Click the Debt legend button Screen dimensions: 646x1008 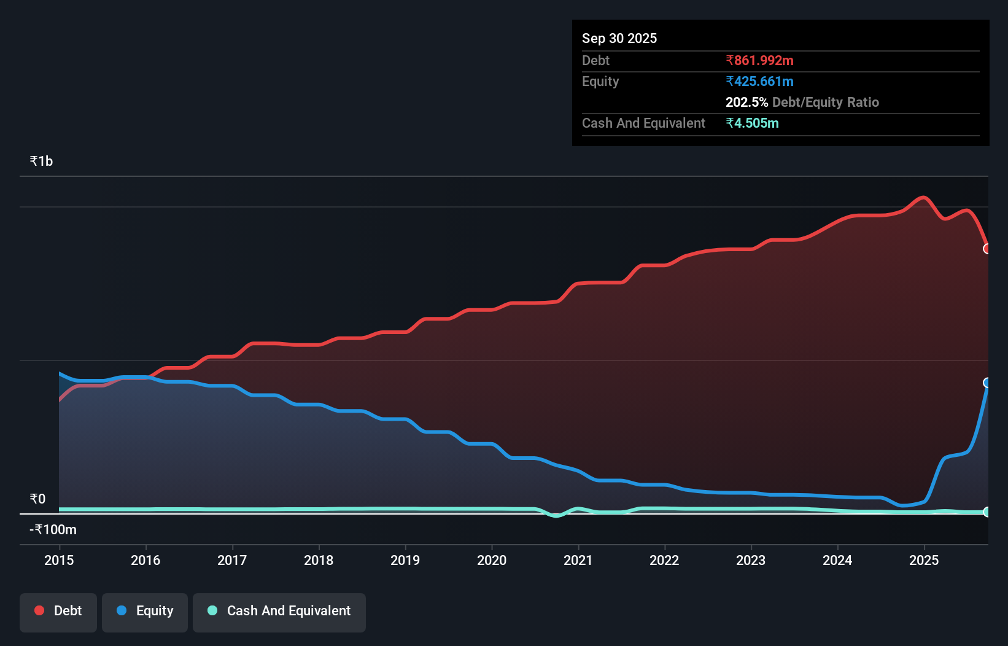(58, 612)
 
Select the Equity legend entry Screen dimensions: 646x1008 (145, 612)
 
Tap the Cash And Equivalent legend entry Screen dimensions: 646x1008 (279, 612)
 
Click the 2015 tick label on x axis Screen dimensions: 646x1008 (59, 560)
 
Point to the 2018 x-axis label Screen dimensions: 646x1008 (319, 560)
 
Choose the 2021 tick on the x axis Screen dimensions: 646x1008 (578, 560)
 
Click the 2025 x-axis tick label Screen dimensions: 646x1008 (924, 560)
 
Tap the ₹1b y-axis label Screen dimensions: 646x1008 (41, 161)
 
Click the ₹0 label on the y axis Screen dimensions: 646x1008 (37, 499)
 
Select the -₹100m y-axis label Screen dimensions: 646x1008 (53, 529)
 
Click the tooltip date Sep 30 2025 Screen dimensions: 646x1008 (619, 38)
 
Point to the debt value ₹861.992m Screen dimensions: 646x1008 (759, 60)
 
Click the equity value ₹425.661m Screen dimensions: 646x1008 (759, 81)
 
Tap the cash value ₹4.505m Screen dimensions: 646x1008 (752, 123)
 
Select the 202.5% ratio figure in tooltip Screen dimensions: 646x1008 (746, 102)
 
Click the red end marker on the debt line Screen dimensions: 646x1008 (987, 249)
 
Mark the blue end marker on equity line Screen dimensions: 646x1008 (987, 383)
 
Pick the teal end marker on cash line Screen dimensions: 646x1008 (987, 512)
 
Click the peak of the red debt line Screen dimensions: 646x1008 (923, 197)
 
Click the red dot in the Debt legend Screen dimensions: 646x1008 (39, 610)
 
